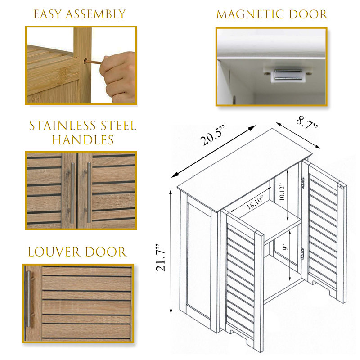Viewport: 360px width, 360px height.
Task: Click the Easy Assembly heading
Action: pyautogui.click(x=80, y=14)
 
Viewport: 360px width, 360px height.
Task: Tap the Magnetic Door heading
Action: pyautogui.click(x=272, y=14)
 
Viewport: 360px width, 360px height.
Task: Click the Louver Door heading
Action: pyautogui.click(x=77, y=252)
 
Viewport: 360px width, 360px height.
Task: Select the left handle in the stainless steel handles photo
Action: pyautogui.click(x=72, y=192)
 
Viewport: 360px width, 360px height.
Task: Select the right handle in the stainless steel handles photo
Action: pyautogui.click(x=89, y=192)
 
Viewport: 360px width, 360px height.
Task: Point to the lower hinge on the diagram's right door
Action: pyautogui.click(x=302, y=253)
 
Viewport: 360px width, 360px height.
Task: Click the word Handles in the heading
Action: pyautogui.click(x=82, y=140)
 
